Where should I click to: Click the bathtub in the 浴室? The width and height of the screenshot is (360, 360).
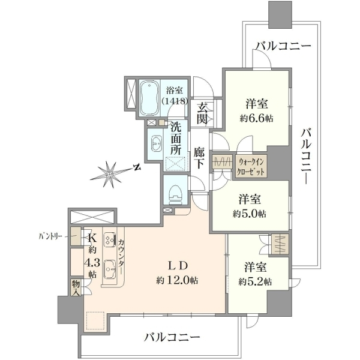coord(149,98)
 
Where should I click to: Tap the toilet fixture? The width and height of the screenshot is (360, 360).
coord(175,194)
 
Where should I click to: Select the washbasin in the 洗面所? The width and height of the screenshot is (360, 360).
coord(157,144)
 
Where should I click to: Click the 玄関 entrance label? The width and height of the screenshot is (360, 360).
coord(202,113)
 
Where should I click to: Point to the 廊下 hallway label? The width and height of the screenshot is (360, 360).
coord(199,158)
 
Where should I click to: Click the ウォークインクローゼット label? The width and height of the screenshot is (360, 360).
coord(251,167)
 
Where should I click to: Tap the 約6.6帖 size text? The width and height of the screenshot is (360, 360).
coord(257,119)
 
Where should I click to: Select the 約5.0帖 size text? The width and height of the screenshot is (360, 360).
coord(250,214)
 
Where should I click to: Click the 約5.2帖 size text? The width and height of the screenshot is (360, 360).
coord(255,281)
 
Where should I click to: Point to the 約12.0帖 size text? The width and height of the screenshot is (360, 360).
coord(177,280)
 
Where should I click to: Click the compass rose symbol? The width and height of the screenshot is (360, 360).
coord(110,174)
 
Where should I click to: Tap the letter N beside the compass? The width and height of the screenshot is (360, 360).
coord(137,167)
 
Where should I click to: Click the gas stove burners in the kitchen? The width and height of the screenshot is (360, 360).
coord(110,239)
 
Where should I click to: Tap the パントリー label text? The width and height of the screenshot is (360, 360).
coord(50,236)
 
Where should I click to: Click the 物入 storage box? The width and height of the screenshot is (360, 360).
coord(76,287)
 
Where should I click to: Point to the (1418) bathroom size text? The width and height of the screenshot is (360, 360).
coord(175,101)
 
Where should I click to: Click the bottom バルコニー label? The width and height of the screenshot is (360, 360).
coord(172,337)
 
